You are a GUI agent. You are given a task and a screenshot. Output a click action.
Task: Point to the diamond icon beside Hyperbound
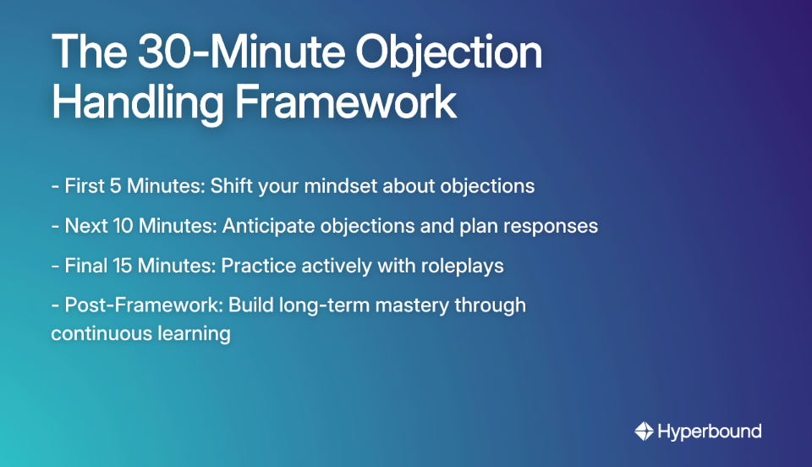point(644,431)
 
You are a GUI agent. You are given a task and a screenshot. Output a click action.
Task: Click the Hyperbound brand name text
point(709,431)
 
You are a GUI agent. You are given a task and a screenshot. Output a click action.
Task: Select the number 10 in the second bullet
point(116,226)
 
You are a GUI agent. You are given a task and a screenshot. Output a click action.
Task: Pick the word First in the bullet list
point(83,185)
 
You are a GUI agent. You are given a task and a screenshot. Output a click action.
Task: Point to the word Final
point(85,266)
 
